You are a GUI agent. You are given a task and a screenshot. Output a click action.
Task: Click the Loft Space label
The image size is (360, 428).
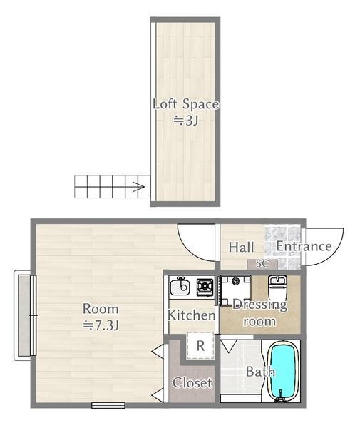click(x=186, y=104)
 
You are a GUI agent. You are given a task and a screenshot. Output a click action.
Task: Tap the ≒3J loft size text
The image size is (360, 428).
click(x=186, y=120)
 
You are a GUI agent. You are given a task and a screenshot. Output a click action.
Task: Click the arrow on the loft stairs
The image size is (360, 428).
click(x=138, y=187)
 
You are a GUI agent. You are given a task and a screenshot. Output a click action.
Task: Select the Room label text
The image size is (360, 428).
click(x=101, y=309)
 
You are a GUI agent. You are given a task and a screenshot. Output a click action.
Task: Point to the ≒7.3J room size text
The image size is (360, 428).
click(x=101, y=325)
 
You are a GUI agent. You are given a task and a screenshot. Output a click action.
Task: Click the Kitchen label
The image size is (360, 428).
click(x=192, y=315)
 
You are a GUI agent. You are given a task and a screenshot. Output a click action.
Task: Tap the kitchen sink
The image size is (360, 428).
click(x=180, y=286)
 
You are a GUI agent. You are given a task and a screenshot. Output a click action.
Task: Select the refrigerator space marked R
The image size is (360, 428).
click(x=200, y=345)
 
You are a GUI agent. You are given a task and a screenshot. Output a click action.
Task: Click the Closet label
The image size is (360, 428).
click(x=192, y=382)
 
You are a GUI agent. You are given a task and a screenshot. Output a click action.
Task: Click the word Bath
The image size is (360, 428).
click(x=260, y=372)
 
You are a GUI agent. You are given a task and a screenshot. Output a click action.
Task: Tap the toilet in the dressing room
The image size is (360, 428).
click(x=277, y=287)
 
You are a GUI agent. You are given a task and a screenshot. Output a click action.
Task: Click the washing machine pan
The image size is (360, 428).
click(x=235, y=290)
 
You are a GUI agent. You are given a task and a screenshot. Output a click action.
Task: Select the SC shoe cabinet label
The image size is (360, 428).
click(x=262, y=264)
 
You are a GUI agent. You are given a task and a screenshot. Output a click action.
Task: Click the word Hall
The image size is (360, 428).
click(x=242, y=247)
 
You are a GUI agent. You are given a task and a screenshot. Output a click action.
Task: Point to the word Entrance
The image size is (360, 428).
click(x=304, y=246)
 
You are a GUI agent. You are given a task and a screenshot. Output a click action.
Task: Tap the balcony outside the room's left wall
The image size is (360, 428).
click(x=24, y=315)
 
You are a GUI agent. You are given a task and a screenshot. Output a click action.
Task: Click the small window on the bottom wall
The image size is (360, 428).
click(x=108, y=405)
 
